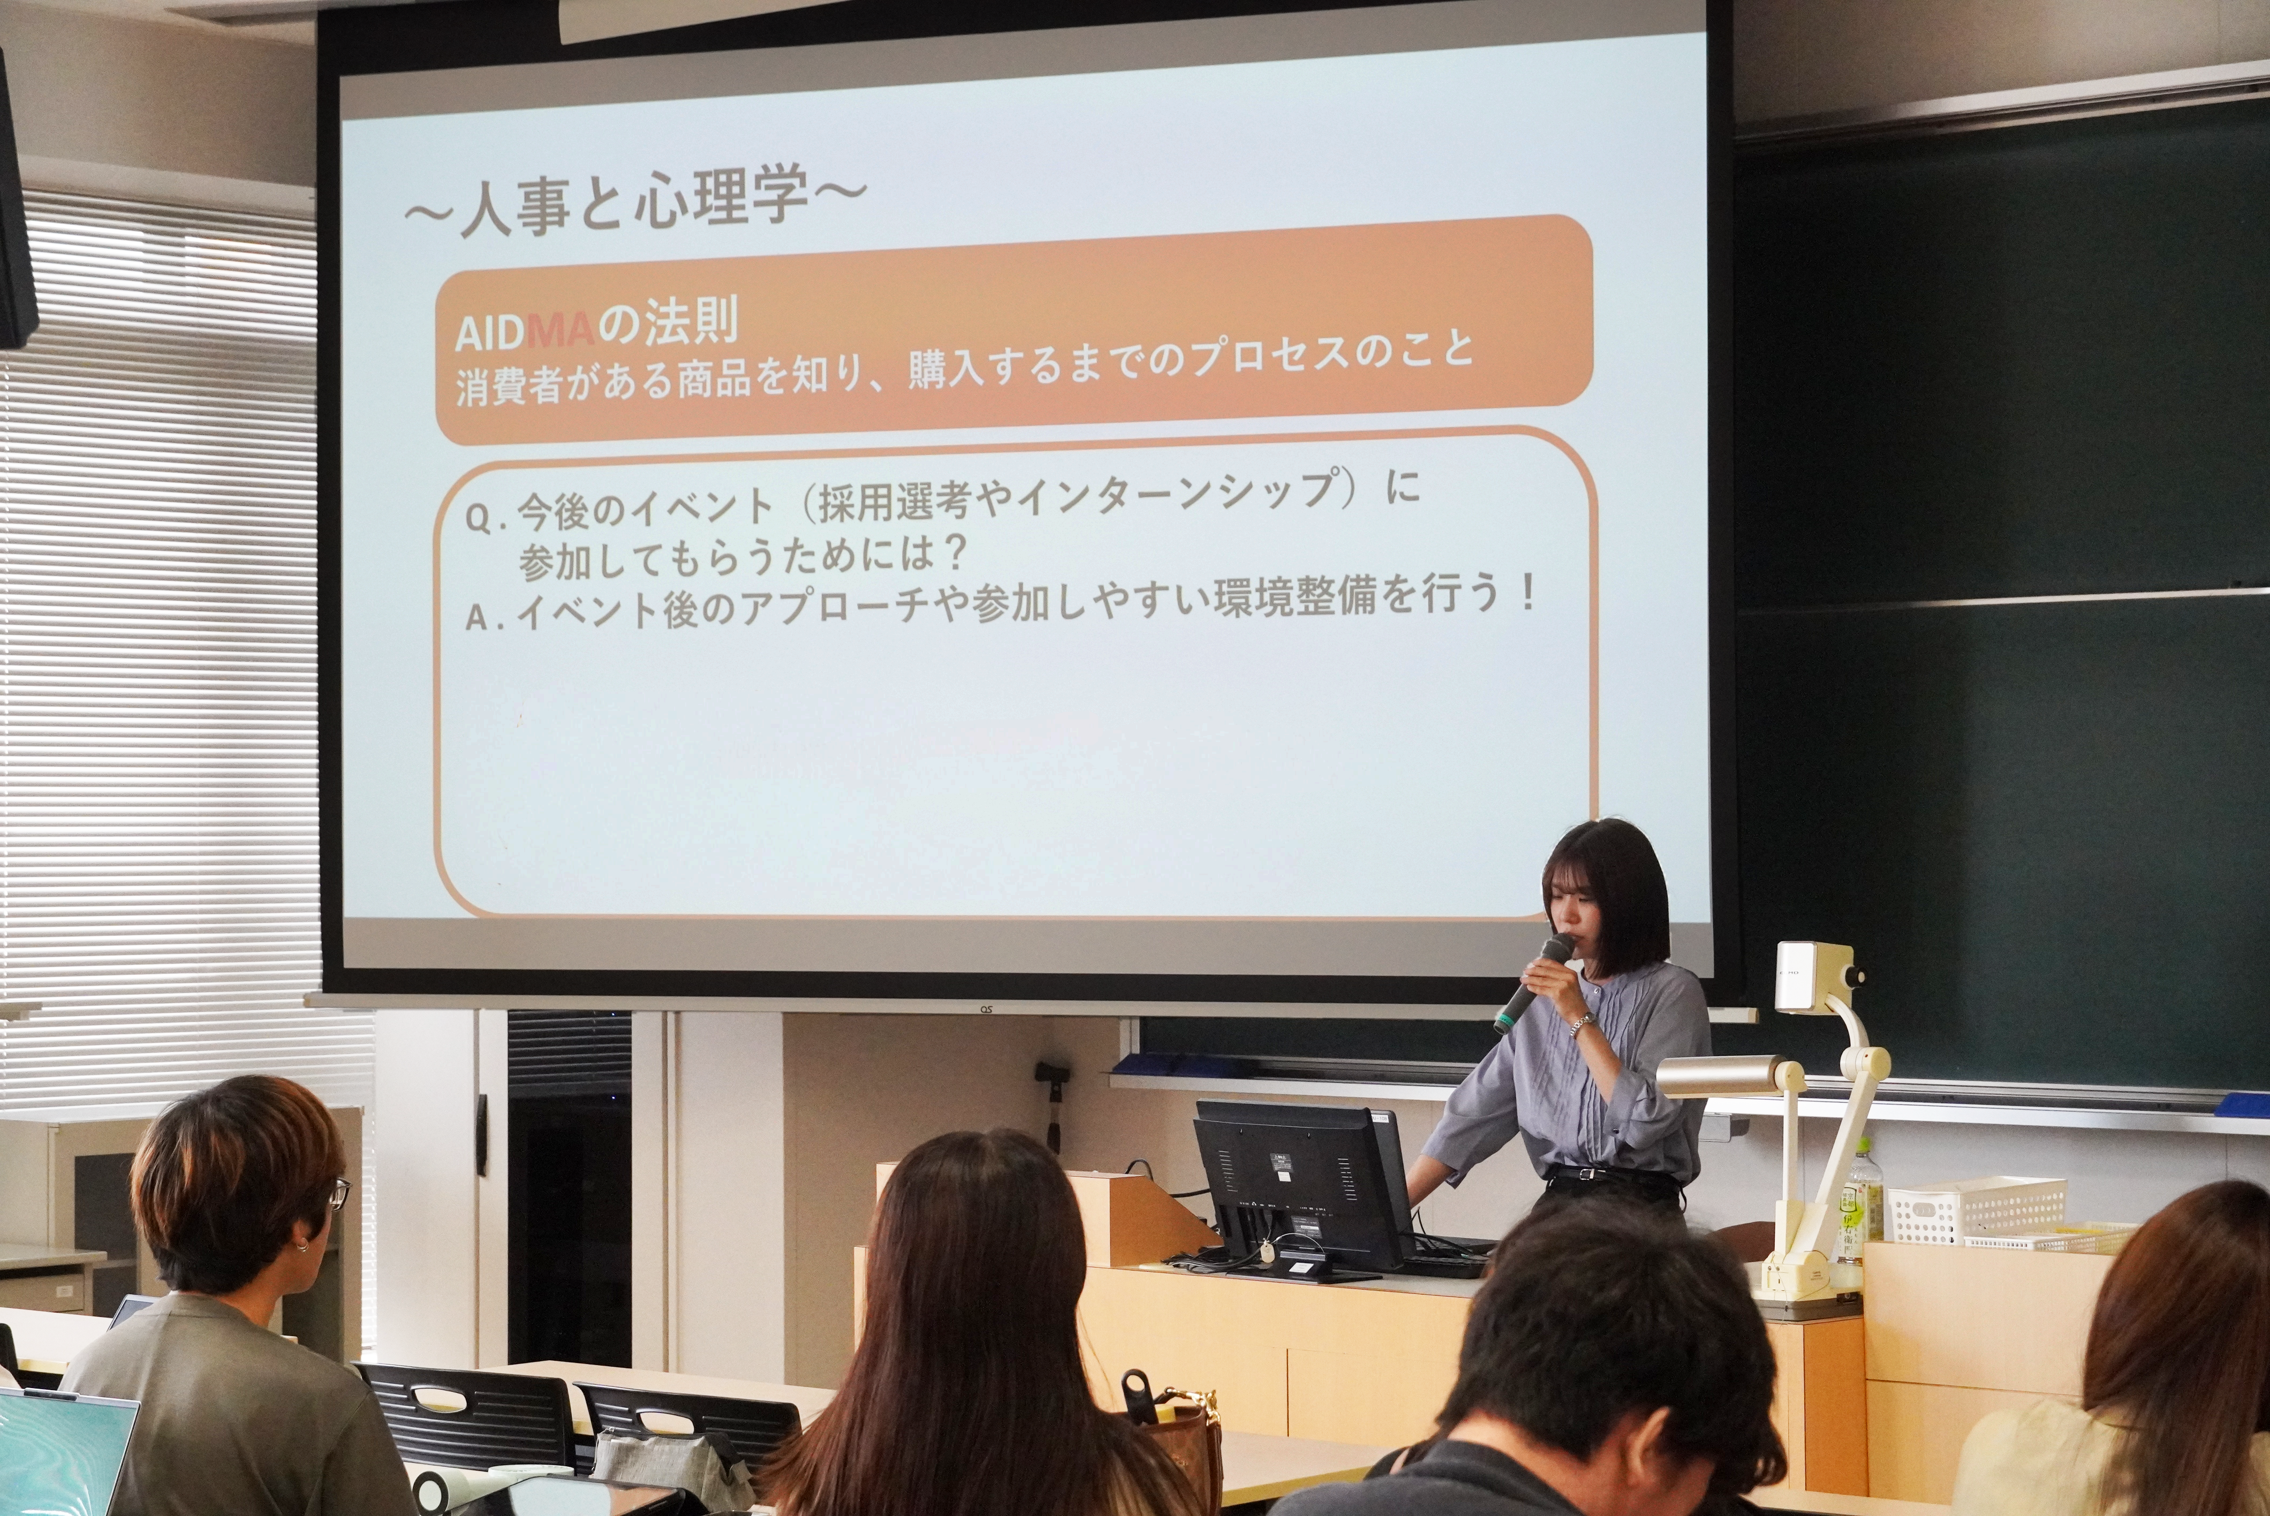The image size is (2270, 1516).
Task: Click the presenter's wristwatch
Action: [1582, 1023]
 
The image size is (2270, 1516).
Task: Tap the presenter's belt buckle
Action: [1585, 1174]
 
